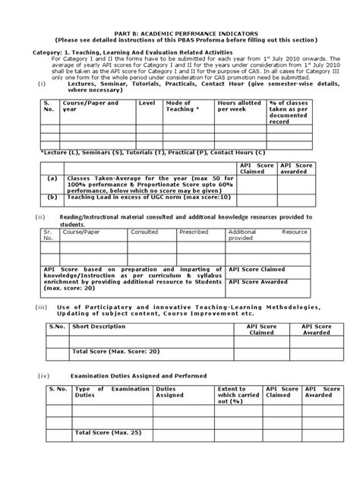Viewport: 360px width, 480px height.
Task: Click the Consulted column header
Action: (x=144, y=232)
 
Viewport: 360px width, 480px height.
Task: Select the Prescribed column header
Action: (x=194, y=232)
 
